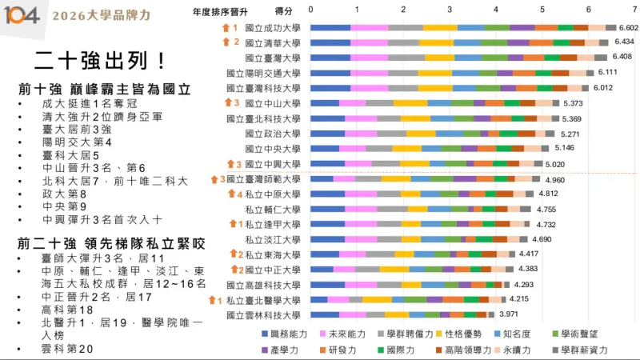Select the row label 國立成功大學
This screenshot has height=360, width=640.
click(x=272, y=28)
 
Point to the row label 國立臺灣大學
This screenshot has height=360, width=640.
click(x=272, y=58)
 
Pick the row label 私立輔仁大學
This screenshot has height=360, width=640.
click(x=272, y=210)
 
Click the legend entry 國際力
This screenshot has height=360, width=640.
click(x=398, y=350)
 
